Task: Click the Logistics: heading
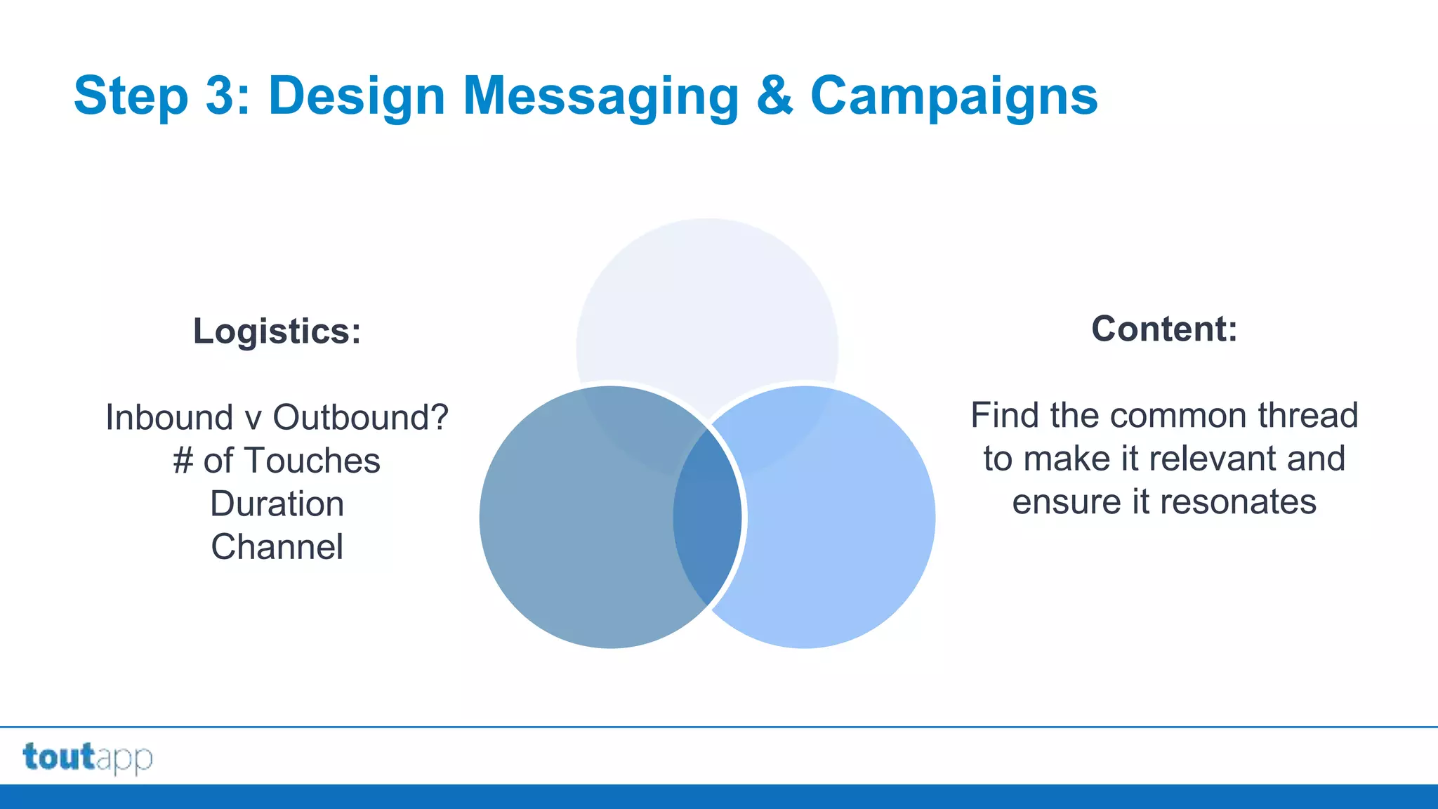pos(277,331)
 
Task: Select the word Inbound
pos(169,417)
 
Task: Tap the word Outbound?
pos(360,417)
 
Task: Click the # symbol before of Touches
pos(183,461)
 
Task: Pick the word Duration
pos(277,504)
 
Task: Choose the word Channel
pos(277,547)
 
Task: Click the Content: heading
pos(1164,329)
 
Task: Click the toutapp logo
pos(88,758)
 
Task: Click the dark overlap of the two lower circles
pos(707,518)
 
